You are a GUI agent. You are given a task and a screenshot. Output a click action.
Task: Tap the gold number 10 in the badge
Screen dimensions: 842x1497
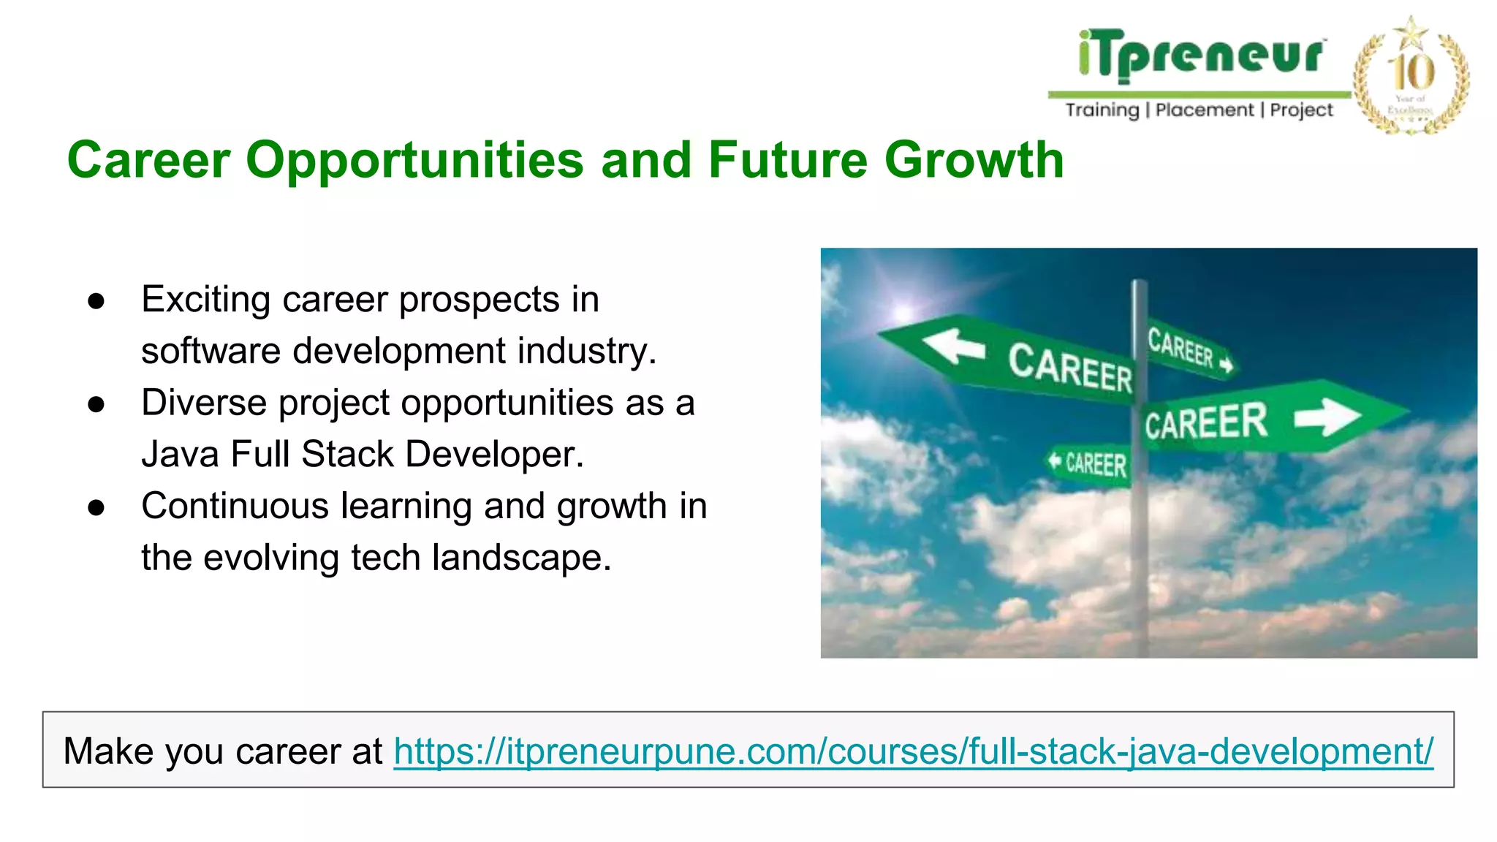[x=1411, y=72]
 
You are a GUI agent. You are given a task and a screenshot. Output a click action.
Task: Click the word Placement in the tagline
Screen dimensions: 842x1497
[x=1204, y=110]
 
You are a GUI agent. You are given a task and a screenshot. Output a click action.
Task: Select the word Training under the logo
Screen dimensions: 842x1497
[x=1102, y=110]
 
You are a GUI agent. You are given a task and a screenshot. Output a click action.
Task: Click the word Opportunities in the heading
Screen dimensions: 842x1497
[x=414, y=161]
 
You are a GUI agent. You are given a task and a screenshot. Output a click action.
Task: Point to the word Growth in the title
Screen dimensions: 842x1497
[x=974, y=159]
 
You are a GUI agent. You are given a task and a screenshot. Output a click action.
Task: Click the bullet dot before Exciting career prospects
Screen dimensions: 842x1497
[x=96, y=301]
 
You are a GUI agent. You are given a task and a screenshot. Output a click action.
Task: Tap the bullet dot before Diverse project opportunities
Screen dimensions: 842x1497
[x=96, y=404]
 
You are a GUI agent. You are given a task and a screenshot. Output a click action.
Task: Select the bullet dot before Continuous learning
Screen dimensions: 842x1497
[x=96, y=508]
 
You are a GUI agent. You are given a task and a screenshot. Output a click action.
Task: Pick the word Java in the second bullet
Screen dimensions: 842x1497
[x=180, y=454]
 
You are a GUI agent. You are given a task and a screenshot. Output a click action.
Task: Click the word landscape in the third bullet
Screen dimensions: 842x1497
[x=521, y=558]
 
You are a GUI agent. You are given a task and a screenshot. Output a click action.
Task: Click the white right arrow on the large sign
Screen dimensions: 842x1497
[x=1327, y=417]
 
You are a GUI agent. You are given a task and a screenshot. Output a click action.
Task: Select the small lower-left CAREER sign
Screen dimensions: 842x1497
[x=1088, y=463]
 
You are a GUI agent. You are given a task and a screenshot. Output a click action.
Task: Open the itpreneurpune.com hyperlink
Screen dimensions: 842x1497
[x=913, y=751]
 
